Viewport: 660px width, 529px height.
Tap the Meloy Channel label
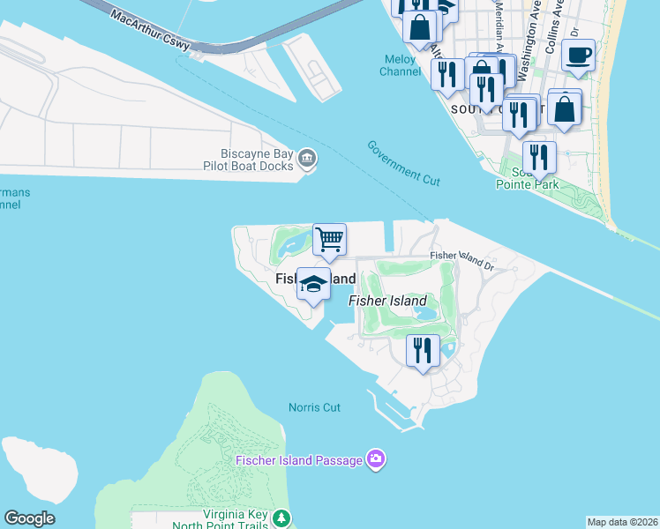(401, 65)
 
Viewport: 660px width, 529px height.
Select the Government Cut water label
(403, 162)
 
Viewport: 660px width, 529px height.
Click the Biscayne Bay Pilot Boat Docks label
(257, 159)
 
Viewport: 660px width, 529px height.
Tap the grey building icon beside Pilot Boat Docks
(307, 159)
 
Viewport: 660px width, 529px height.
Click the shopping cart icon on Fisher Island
(329, 239)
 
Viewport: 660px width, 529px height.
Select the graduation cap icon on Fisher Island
(313, 284)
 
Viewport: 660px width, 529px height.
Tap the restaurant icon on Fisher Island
(423, 350)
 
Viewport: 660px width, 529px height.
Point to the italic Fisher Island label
(387, 301)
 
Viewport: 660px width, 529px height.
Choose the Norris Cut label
(314, 407)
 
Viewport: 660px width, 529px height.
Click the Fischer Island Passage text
(299, 460)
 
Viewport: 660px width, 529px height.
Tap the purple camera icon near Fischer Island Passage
(376, 459)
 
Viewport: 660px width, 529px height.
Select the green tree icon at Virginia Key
(281, 516)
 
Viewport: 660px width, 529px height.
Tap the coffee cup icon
(579, 55)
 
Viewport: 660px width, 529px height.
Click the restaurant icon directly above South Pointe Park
(538, 158)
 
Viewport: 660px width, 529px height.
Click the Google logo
(29, 518)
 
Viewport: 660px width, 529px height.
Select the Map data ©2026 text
(623, 522)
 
